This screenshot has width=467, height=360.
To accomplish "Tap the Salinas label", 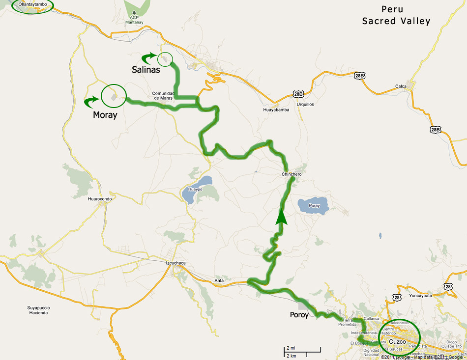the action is click(146, 70).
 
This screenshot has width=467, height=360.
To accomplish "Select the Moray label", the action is click(105, 115).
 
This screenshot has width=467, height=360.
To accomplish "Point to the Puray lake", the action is click(314, 205).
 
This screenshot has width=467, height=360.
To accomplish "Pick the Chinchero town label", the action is click(292, 174).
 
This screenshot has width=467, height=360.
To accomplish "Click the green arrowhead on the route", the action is click(281, 217).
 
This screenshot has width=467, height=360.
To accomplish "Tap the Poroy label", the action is click(298, 314).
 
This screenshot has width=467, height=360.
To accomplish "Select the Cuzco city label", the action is click(397, 341).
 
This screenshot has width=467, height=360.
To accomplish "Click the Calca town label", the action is click(401, 86).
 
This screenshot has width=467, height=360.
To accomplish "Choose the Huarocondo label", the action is click(100, 199).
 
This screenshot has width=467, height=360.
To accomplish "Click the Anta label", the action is click(219, 281).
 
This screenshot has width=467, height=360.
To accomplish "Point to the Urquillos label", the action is click(305, 104).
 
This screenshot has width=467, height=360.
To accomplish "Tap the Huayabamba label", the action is click(275, 110).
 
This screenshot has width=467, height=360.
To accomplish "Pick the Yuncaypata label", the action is click(415, 296).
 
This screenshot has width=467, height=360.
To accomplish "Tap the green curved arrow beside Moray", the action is click(91, 102).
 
